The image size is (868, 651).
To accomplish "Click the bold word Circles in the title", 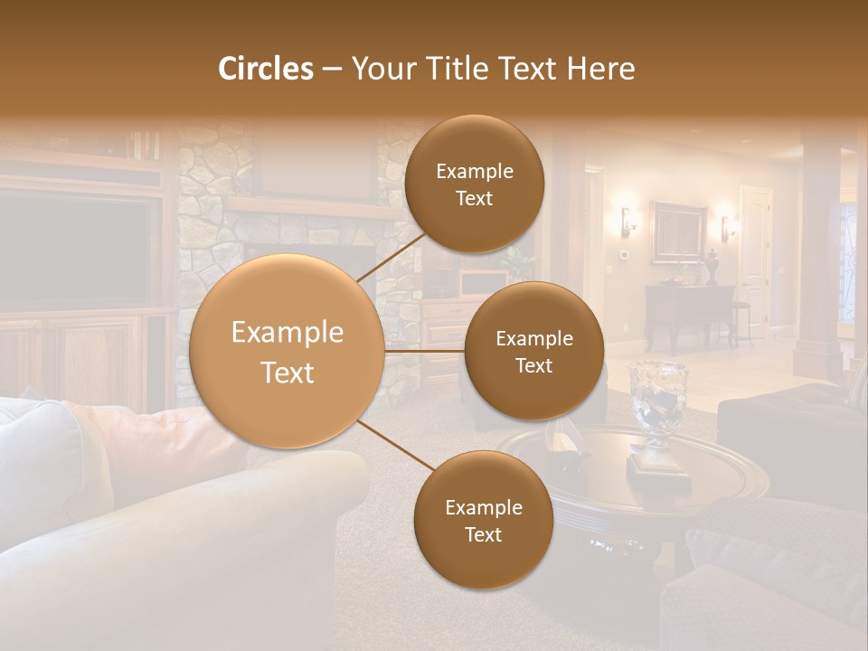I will (267, 69).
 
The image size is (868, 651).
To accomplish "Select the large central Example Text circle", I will (288, 352).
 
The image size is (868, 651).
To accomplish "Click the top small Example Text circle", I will (474, 184).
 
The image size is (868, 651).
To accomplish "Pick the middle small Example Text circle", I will (533, 352).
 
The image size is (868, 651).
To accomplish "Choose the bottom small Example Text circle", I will (483, 520).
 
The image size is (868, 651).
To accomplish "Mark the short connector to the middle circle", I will (425, 351).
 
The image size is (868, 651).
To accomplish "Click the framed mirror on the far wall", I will (677, 232).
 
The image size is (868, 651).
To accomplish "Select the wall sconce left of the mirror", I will (626, 220).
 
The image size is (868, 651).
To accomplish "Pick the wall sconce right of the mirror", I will (727, 226).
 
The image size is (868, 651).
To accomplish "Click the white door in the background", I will (756, 258).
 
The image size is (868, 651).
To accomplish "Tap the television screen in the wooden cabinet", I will (77, 249).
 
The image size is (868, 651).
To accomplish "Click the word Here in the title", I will (601, 69).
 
